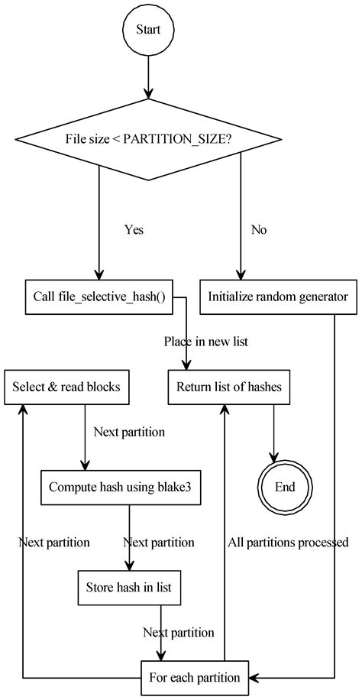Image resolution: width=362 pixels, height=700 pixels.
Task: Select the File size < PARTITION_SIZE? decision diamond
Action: pyautogui.click(x=148, y=139)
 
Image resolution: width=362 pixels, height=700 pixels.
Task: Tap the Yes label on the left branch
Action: pyautogui.click(x=134, y=229)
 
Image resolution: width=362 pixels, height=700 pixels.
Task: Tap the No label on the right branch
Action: pyautogui.click(x=258, y=229)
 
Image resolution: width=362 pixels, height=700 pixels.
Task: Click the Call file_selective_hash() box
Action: pyautogui.click(x=98, y=296)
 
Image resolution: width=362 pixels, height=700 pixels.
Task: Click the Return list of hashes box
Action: pyautogui.click(x=229, y=387)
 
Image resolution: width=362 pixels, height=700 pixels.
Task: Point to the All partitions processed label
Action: pyautogui.click(x=288, y=543)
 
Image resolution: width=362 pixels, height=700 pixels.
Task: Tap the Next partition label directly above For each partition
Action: pyautogui.click(x=179, y=633)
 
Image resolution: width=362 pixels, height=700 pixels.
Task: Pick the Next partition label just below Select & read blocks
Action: pyautogui.click(x=129, y=432)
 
